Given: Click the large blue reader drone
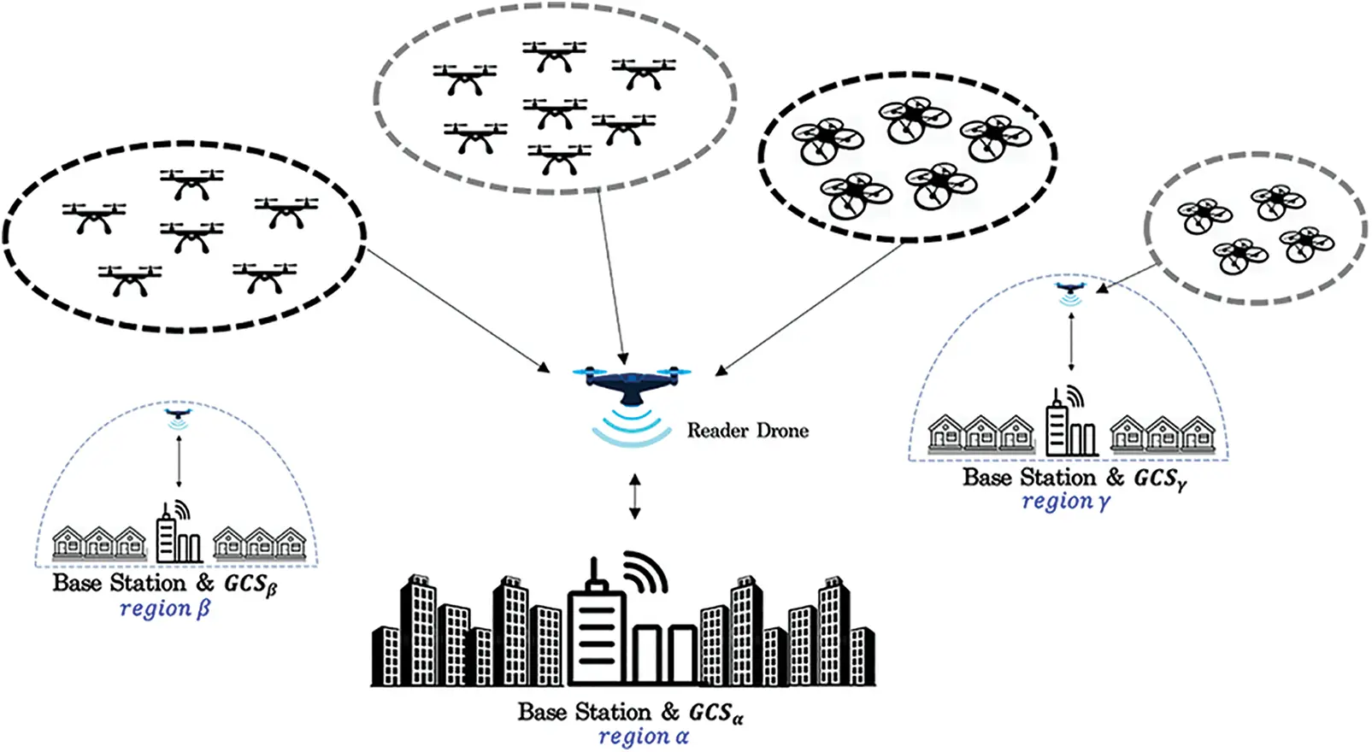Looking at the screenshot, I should pos(632,384).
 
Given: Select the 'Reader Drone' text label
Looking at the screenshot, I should pos(747,431).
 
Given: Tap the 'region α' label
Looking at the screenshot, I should pos(643,737).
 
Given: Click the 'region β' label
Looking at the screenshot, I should pos(164,608).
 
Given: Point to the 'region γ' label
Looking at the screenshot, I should pos(1065,502).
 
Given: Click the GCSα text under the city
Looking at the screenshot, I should pos(715,713).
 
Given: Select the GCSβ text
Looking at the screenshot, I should pos(250,584).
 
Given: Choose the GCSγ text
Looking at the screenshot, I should pos(1159,479).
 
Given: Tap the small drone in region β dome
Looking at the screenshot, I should pos(178,414).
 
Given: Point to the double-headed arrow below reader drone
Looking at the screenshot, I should pos(634,497).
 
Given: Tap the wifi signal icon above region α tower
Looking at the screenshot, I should pos(645,570).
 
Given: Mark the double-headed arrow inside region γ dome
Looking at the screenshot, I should pos(1071,342).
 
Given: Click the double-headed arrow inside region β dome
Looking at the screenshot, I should pos(179,461).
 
